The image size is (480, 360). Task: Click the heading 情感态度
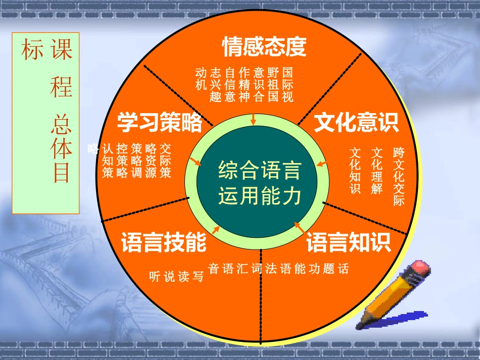[x=264, y=47]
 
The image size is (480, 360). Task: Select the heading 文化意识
[x=356, y=122]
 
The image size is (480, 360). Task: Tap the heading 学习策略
[x=160, y=122]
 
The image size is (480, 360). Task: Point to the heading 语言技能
[x=164, y=243]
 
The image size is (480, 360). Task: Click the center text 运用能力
[x=259, y=195]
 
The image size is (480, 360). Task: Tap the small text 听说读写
[x=176, y=276]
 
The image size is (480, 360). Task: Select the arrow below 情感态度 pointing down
[x=254, y=119]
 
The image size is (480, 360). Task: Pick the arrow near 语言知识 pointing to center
[x=299, y=228]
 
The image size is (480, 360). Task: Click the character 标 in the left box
[x=29, y=51]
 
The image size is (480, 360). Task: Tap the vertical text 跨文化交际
[x=399, y=176]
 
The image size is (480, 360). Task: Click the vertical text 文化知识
[x=356, y=171]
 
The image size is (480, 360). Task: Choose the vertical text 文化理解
[x=377, y=171]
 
